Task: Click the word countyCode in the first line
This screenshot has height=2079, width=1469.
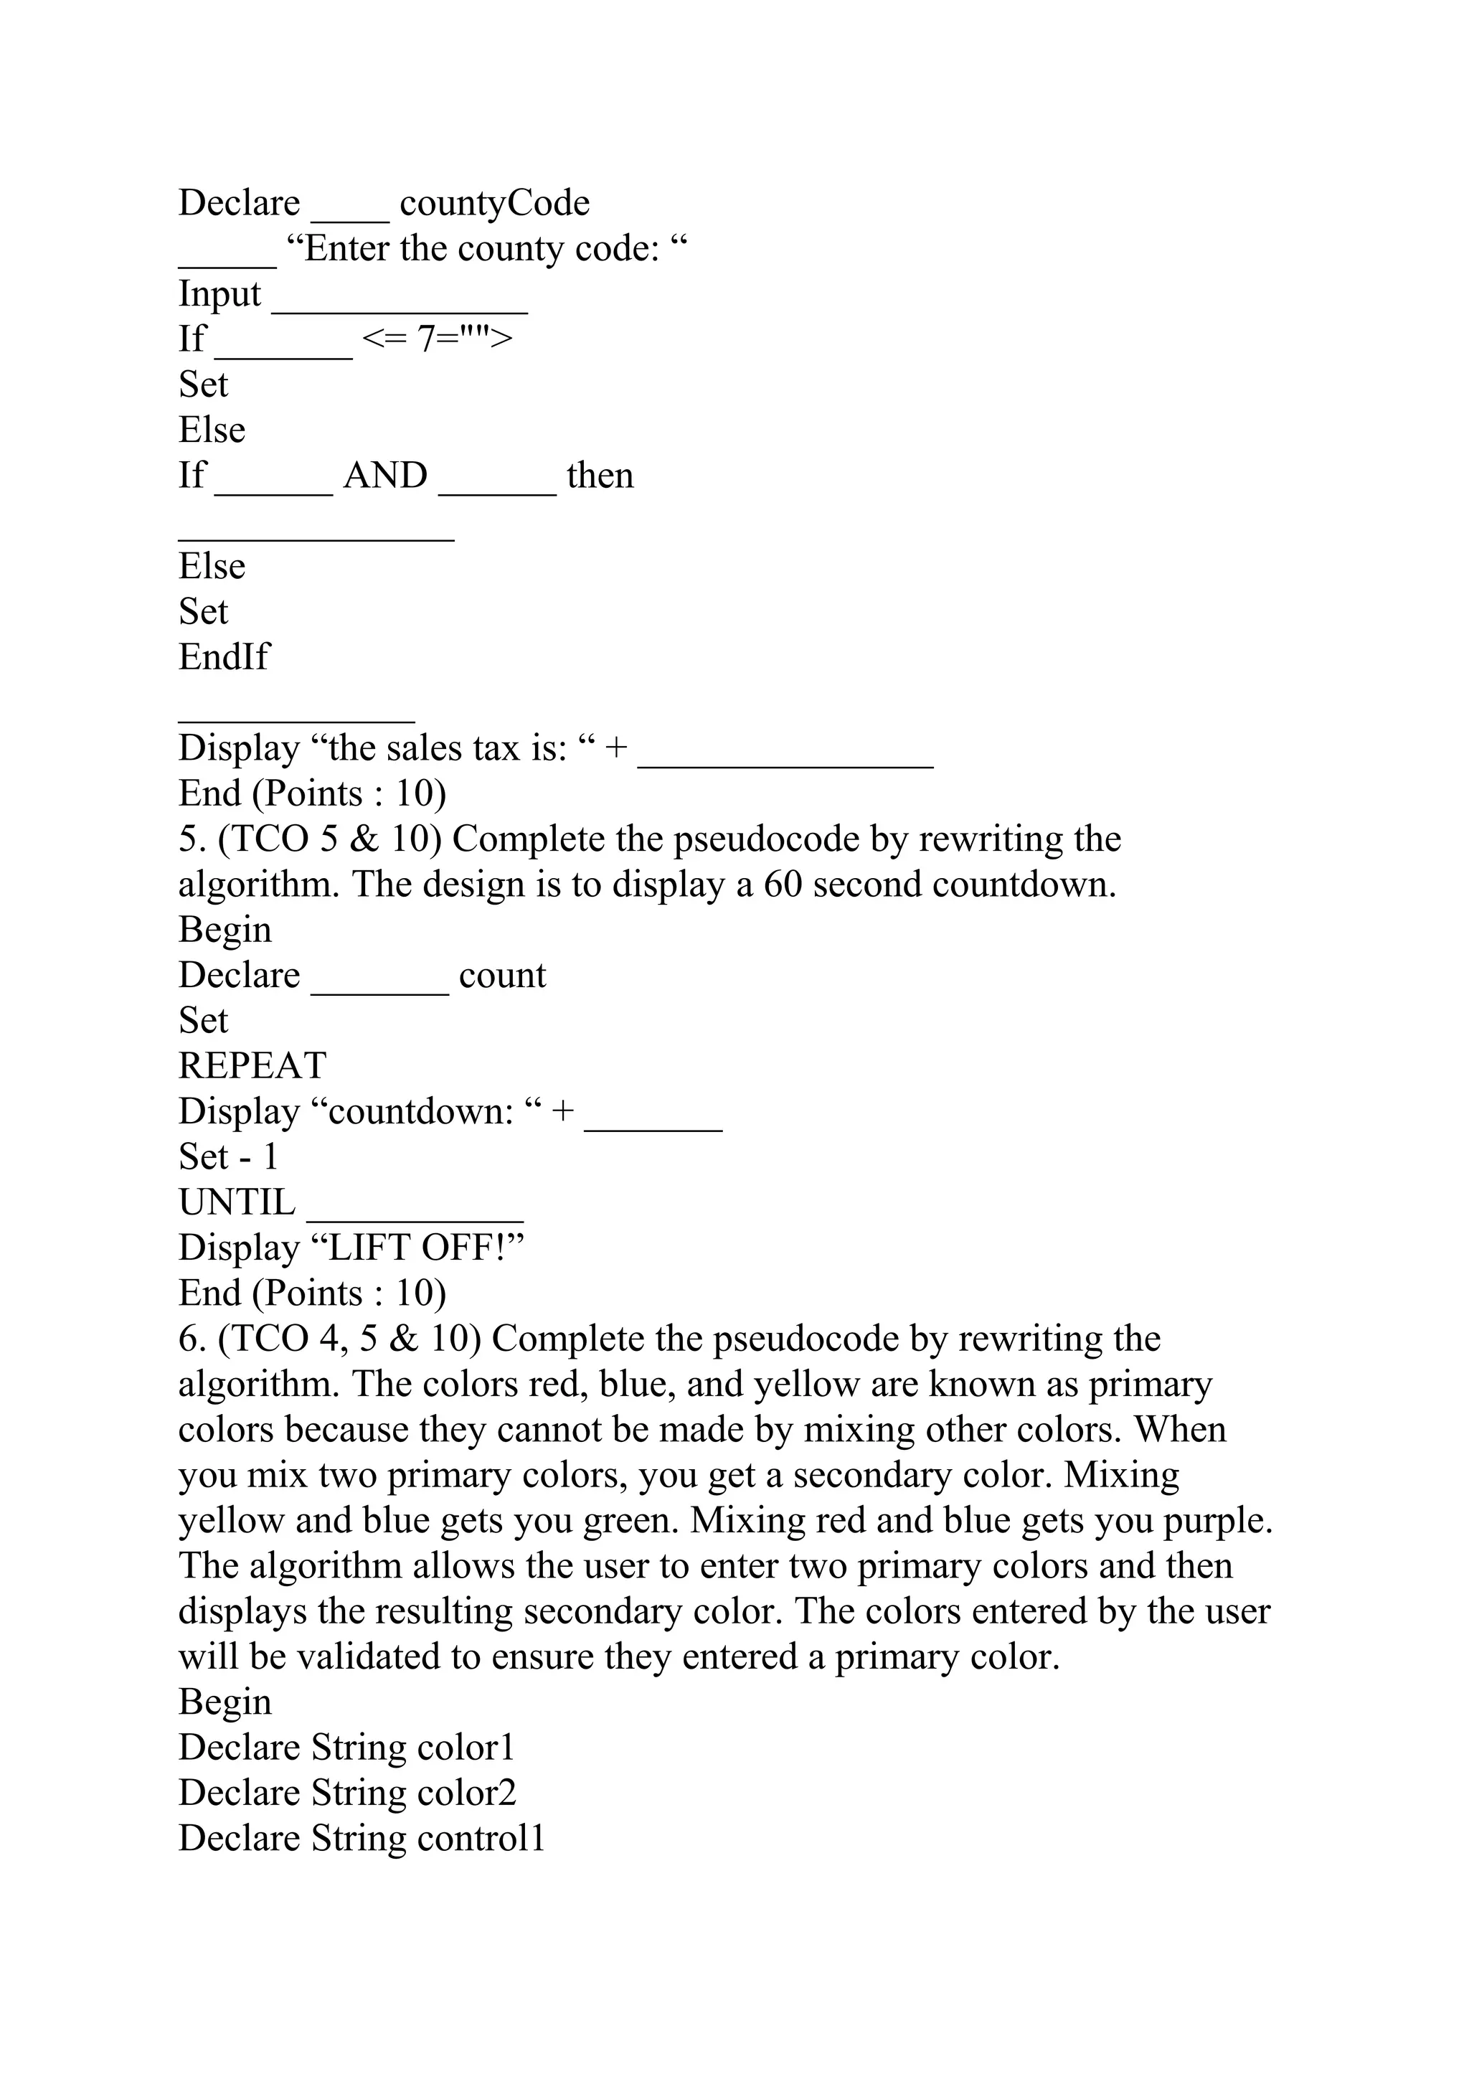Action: point(494,203)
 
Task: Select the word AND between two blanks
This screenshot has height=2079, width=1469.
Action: point(386,476)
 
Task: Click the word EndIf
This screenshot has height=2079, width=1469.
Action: point(224,657)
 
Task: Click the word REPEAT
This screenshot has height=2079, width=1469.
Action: point(252,1066)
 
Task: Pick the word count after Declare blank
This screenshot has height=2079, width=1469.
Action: point(502,975)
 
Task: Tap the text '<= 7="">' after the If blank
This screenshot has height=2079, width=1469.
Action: point(437,339)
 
